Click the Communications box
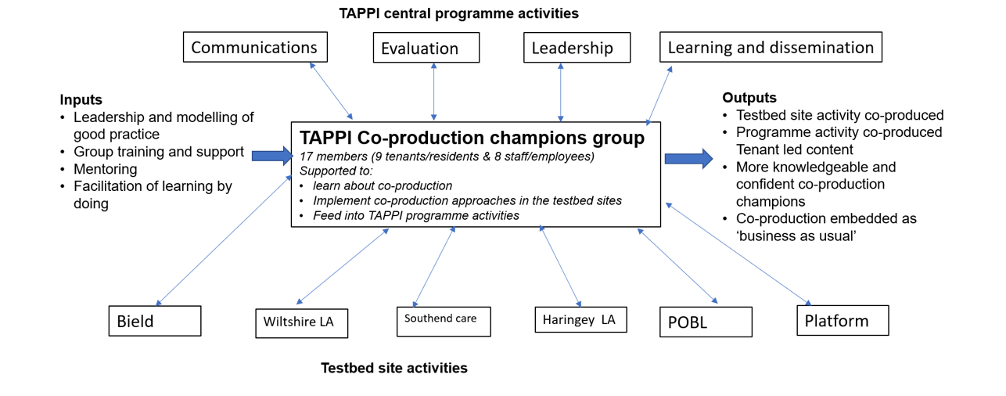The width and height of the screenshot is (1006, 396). point(255,47)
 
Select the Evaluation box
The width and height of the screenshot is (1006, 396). point(426,47)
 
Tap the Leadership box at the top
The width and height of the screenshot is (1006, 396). point(577,47)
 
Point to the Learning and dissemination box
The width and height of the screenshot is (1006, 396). point(771,47)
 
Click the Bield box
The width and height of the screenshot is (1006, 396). point(155,321)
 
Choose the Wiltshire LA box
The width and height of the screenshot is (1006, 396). point(302,323)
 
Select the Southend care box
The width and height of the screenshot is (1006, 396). point(444,322)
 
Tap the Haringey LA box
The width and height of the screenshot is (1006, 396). point(580,319)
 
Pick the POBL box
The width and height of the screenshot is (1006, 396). point(706,322)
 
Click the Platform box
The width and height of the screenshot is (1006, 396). point(843,321)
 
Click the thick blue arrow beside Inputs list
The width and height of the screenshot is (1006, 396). point(272,156)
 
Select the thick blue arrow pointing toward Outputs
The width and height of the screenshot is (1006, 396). point(688,159)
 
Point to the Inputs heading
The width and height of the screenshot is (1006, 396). point(81,99)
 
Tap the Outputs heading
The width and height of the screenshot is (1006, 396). point(749,98)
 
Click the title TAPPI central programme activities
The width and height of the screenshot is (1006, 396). point(458,13)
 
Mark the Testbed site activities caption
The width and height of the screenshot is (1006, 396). point(393,368)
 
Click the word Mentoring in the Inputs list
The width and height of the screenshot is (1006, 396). point(105,169)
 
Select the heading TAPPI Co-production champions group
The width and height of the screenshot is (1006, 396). point(472,138)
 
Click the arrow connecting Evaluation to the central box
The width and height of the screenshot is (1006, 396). point(433,92)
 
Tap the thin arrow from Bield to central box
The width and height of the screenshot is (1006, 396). point(224,240)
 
